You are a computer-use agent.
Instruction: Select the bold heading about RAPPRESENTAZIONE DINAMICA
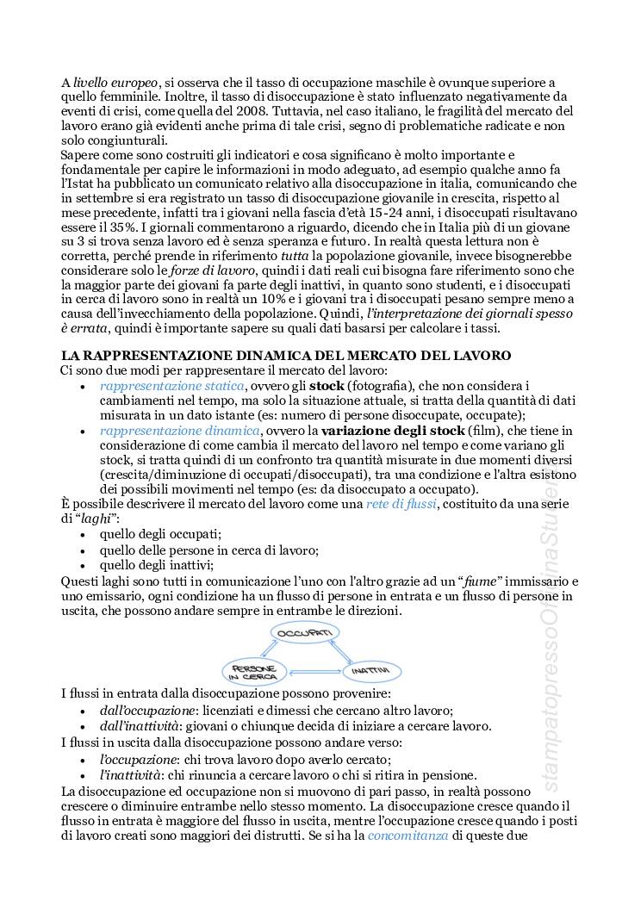pyautogui.click(x=285, y=355)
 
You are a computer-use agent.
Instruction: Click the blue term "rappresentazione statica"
pyautogui.click(x=172, y=385)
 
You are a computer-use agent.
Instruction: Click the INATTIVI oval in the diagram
pyautogui.click(x=372, y=669)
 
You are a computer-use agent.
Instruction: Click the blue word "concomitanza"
pyautogui.click(x=408, y=835)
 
